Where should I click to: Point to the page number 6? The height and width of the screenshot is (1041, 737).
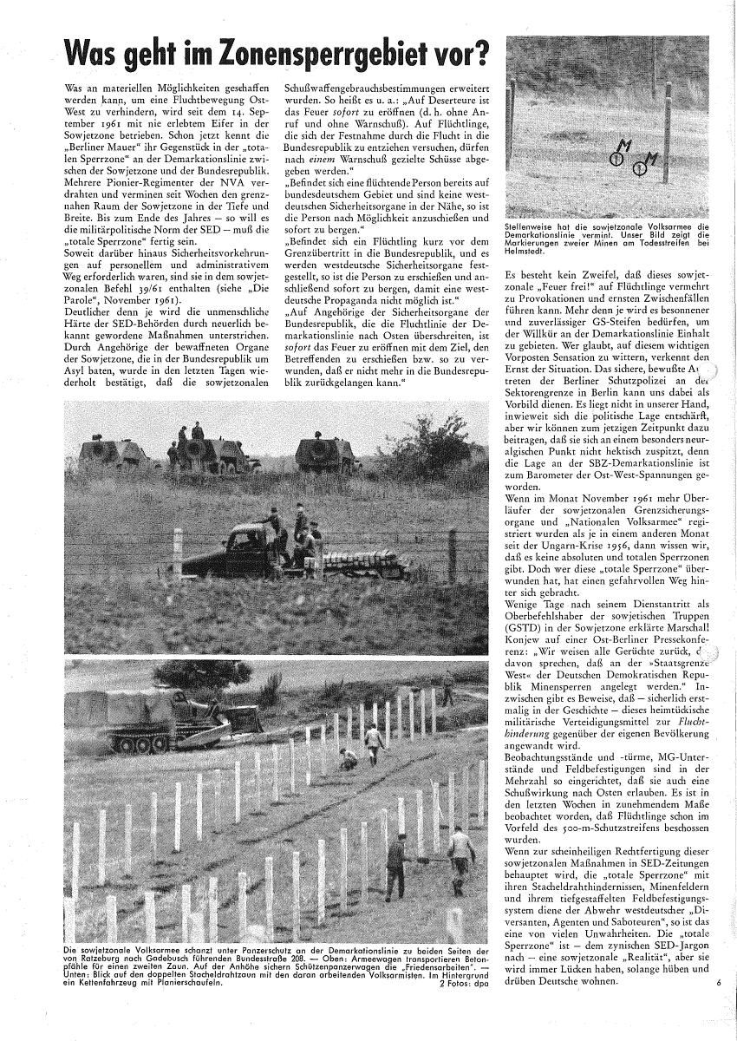(719, 983)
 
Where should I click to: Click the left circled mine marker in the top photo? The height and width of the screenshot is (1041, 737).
(616, 157)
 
